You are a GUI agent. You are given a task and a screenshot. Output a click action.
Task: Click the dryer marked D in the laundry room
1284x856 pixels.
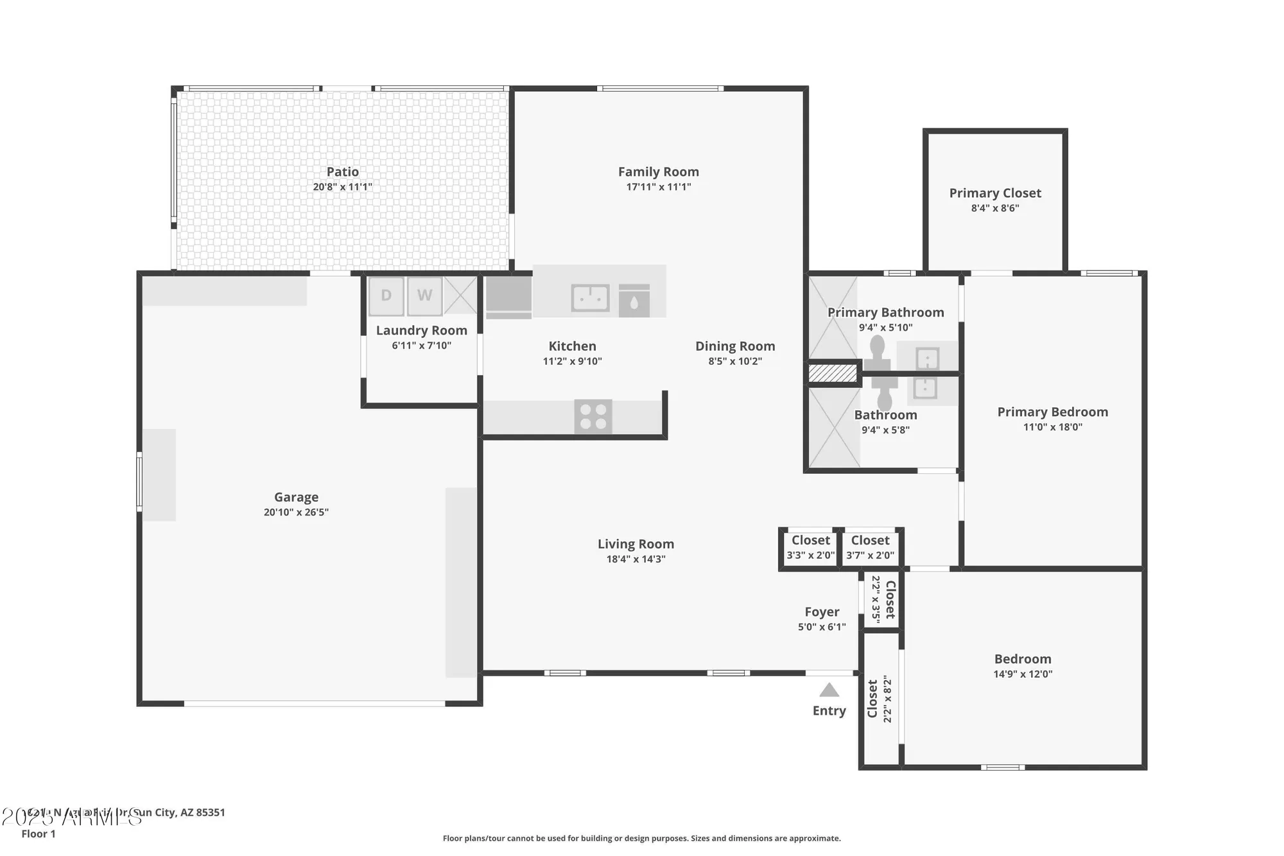pyautogui.click(x=386, y=295)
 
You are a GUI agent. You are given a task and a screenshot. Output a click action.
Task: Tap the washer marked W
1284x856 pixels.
pyautogui.click(x=424, y=295)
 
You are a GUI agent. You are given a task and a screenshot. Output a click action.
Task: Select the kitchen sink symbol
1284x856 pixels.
pyautogui.click(x=590, y=298)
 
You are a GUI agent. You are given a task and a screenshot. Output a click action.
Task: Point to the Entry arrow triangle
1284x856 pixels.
pyautogui.click(x=829, y=690)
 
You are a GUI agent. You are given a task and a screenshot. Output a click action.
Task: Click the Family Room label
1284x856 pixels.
pyautogui.click(x=658, y=171)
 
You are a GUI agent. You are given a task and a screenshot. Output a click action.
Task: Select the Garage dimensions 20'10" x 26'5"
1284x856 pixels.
pyautogui.click(x=296, y=512)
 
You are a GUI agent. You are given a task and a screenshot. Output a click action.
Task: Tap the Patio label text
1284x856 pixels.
pyautogui.click(x=342, y=171)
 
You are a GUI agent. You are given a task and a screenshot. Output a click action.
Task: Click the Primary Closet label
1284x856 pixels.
pyautogui.click(x=994, y=193)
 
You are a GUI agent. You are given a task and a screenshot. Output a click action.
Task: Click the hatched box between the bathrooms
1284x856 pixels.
pyautogui.click(x=833, y=373)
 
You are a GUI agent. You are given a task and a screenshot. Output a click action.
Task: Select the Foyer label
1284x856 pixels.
pyautogui.click(x=822, y=612)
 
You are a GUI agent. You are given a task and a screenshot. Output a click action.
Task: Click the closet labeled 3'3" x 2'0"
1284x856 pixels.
pyautogui.click(x=810, y=548)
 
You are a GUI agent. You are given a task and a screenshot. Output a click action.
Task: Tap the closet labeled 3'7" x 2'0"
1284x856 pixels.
pyautogui.click(x=870, y=548)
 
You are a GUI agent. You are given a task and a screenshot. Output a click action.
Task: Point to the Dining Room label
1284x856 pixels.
pyautogui.click(x=735, y=346)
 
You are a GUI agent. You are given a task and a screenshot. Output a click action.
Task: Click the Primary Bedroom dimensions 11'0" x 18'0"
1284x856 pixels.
pyautogui.click(x=1052, y=427)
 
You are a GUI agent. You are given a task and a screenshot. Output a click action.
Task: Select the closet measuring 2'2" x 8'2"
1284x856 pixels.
pyautogui.click(x=880, y=699)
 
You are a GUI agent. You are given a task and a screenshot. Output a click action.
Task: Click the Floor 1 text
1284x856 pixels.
pyautogui.click(x=39, y=834)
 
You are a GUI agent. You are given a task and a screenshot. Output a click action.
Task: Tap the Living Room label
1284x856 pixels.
pyautogui.click(x=636, y=544)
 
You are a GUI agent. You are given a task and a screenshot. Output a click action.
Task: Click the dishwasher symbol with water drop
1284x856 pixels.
pyautogui.click(x=634, y=301)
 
